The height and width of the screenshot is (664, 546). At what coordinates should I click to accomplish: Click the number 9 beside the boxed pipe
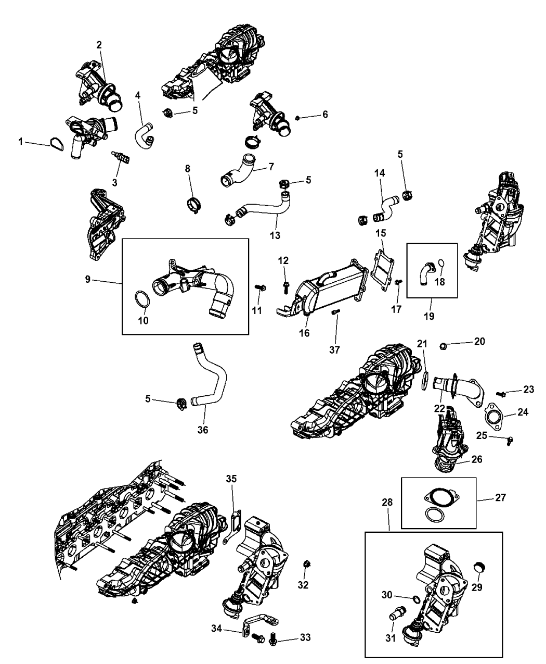pyautogui.click(x=88, y=279)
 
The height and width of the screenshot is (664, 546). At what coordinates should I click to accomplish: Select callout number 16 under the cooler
pyautogui.click(x=305, y=333)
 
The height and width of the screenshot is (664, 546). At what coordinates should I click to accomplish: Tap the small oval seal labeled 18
pyautogui.click(x=440, y=264)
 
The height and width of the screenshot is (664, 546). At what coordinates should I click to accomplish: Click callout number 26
pyautogui.click(x=477, y=459)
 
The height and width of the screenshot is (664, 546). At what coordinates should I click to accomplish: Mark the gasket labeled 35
pyautogui.click(x=232, y=528)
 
